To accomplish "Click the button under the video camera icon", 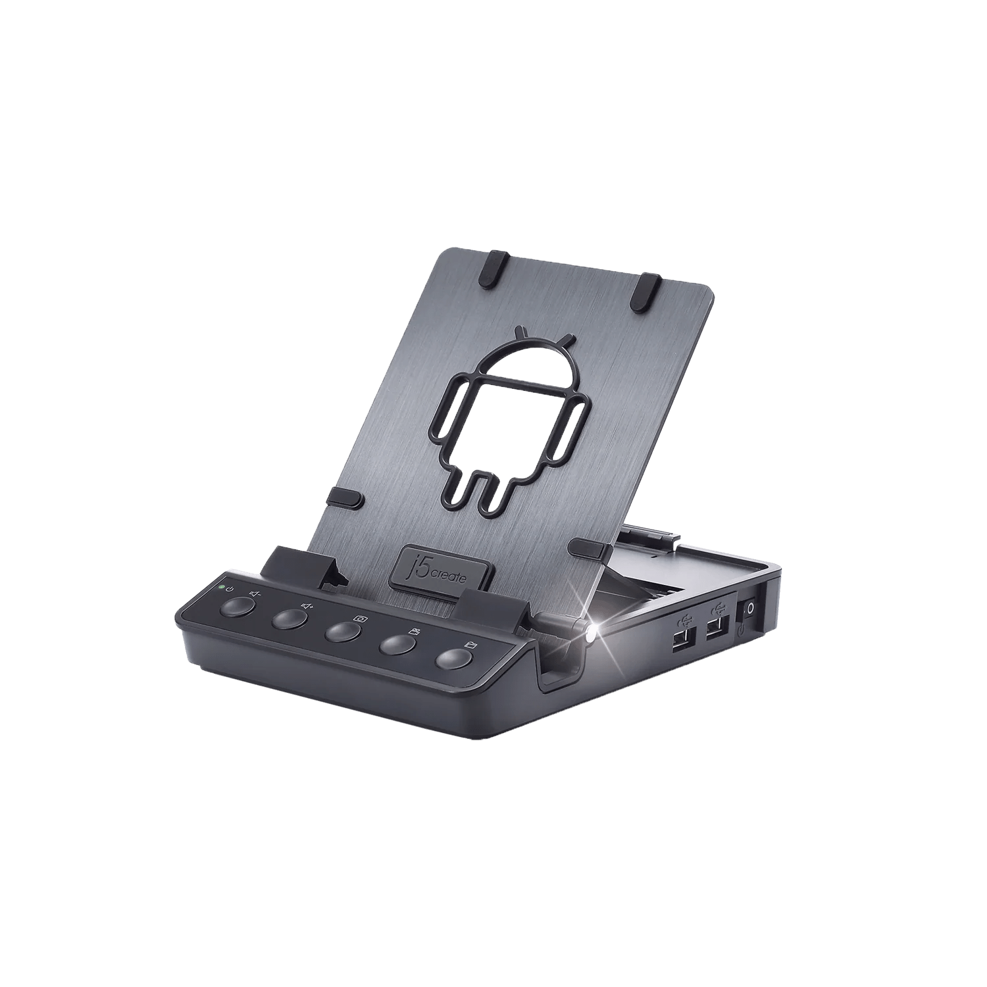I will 398,645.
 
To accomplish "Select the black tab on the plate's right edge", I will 588,545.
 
